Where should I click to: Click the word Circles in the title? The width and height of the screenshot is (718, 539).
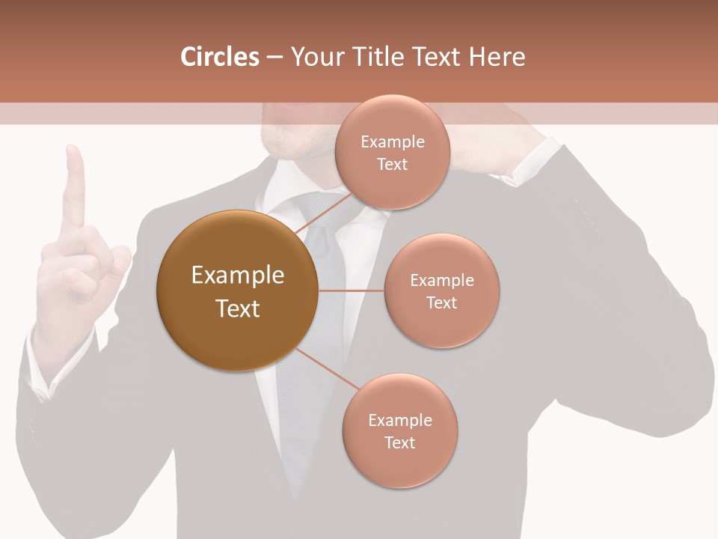(x=219, y=57)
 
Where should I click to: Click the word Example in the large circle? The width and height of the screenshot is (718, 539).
(x=237, y=275)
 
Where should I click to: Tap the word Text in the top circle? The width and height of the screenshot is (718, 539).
(x=392, y=165)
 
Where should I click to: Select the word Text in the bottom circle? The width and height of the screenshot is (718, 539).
(x=399, y=443)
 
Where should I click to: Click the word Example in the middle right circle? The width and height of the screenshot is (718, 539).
(x=441, y=281)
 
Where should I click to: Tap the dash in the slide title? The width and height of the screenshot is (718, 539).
(x=274, y=58)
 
